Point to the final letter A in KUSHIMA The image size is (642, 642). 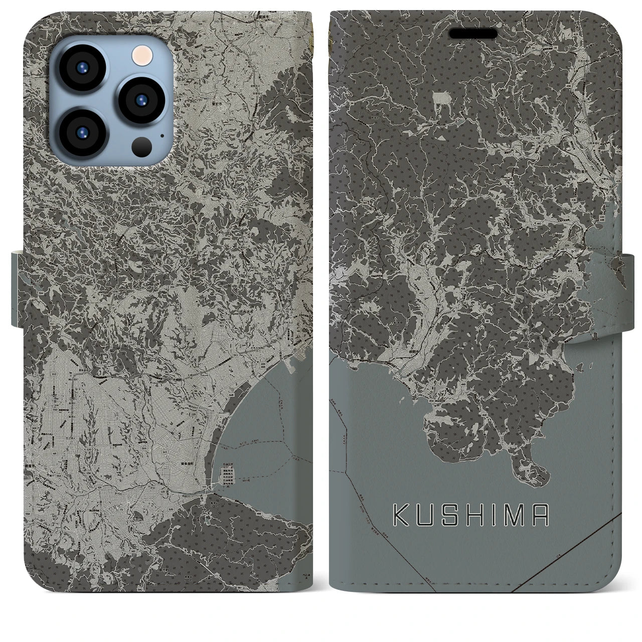pyautogui.click(x=541, y=516)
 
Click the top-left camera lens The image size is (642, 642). pyautogui.click(x=81, y=68)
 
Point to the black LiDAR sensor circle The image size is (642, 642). pyautogui.click(x=142, y=146)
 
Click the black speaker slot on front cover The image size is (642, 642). pyautogui.click(x=473, y=33)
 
